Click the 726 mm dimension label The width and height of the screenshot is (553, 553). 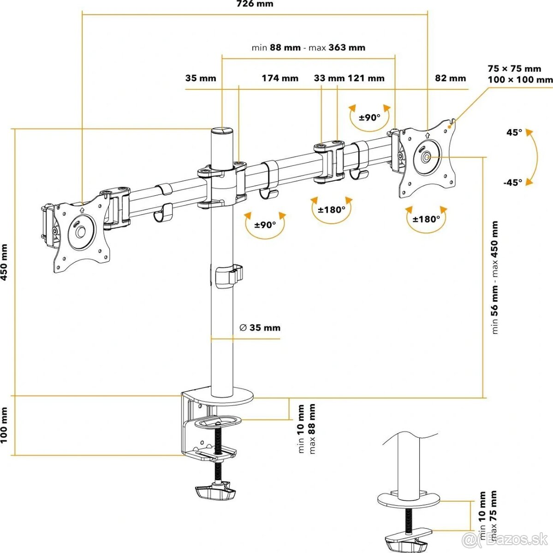coord(255,4)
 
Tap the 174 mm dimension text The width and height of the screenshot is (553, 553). coord(280,78)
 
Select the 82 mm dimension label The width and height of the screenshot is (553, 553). coord(451,78)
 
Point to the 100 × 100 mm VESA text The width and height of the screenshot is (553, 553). coord(520,79)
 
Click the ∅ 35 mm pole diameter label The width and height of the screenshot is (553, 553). coord(260,328)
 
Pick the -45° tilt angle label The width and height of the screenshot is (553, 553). coord(513,182)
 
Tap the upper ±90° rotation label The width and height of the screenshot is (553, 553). coord(370,118)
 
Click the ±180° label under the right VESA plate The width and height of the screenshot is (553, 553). coord(426,219)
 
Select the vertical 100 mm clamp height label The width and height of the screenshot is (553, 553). coord(4,425)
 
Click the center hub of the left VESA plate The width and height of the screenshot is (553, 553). coord(81,231)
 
